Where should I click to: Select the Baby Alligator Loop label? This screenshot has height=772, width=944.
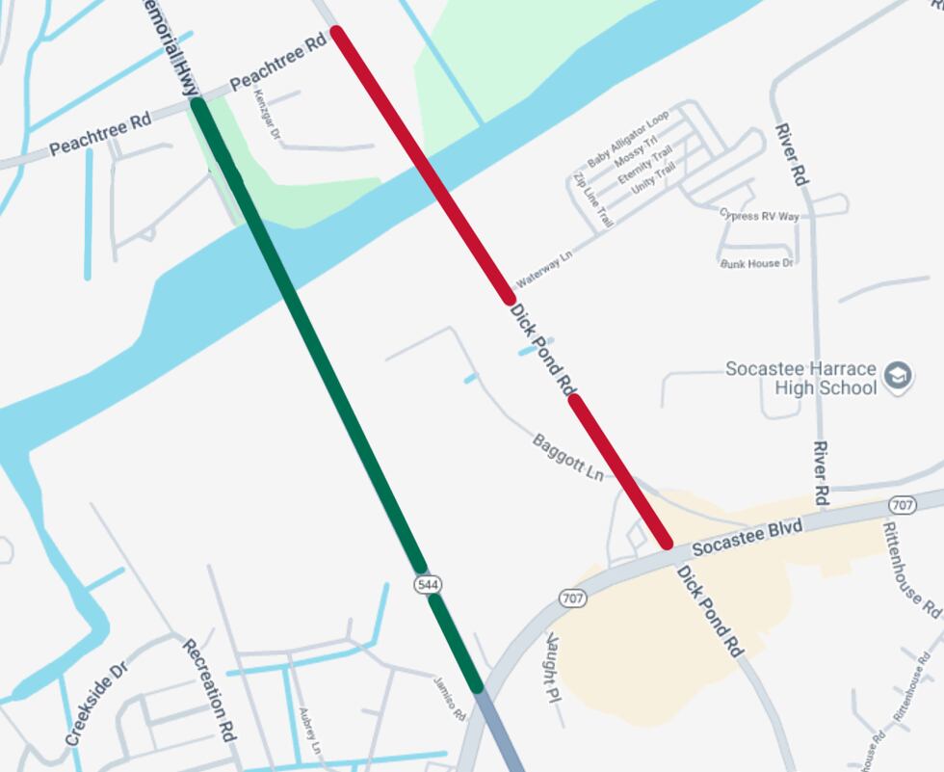[x=628, y=141]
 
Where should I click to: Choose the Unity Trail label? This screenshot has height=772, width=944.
[x=652, y=180]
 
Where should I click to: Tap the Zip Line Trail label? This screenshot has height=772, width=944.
[x=593, y=200]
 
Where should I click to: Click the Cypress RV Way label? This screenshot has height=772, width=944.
[x=759, y=215]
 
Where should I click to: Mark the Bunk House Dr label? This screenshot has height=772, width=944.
[x=756, y=263]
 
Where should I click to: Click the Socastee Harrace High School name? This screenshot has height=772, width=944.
[x=800, y=378]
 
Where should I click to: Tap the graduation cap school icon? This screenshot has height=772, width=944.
[x=899, y=375]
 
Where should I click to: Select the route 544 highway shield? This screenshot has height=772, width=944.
[x=428, y=584]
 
